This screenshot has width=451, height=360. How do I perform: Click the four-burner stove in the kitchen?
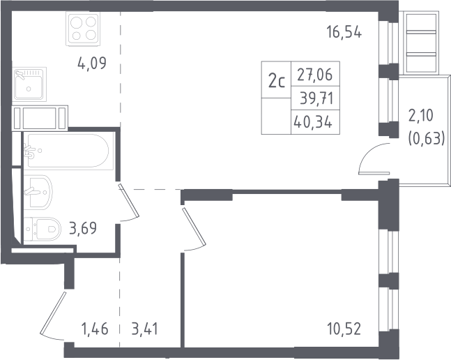point(83,29)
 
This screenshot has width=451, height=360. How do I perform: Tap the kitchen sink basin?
point(29,84)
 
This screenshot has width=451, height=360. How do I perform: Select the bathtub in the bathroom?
point(68,150)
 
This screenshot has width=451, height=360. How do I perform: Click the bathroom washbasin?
point(38,192)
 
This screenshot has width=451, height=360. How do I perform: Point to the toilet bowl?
point(43,230)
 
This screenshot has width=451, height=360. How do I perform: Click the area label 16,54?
point(344,32)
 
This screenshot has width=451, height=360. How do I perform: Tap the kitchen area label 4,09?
point(92,63)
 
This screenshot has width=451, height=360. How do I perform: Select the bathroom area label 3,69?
point(83,228)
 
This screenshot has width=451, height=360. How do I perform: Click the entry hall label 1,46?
point(95,329)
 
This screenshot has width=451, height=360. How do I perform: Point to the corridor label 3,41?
point(145,329)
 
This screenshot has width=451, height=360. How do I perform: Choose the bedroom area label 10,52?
point(344,329)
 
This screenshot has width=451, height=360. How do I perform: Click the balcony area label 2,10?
point(420,116)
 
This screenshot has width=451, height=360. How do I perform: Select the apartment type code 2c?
point(277,81)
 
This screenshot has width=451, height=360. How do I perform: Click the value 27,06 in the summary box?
point(315,75)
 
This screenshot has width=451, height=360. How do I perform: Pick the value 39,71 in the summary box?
point(316,98)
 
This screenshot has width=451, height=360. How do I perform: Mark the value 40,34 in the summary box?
point(313,122)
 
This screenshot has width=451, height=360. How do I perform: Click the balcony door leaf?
point(374,173)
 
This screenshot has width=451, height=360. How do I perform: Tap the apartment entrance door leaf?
point(53,313)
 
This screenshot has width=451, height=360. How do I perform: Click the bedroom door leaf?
point(194,227)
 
